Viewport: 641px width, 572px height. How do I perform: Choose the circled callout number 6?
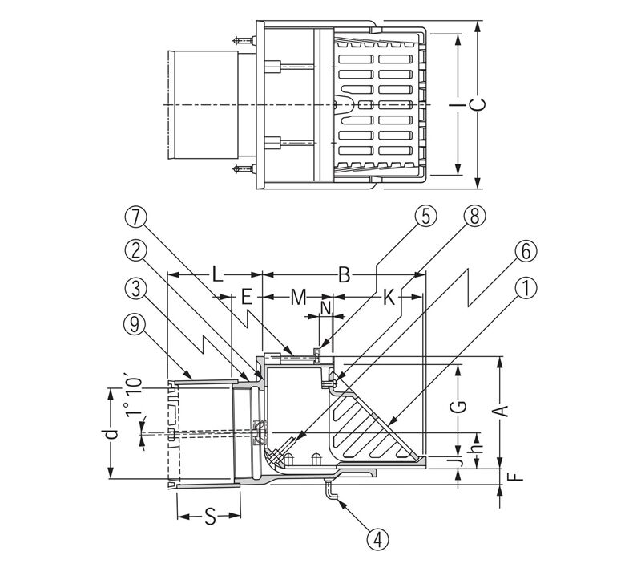coord(526,251)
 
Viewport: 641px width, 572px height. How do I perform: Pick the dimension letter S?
coord(209,517)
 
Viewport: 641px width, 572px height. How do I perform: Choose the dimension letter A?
coord(502,412)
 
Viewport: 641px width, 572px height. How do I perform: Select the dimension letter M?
coord(299,298)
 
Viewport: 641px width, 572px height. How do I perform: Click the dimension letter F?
coord(517,477)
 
